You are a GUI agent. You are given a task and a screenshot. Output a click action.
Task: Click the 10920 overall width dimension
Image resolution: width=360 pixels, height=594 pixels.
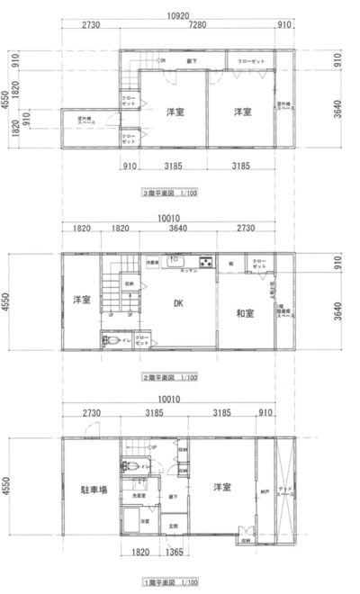(x=177, y=15)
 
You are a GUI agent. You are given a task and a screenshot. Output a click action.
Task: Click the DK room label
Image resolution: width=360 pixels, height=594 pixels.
(x=179, y=304)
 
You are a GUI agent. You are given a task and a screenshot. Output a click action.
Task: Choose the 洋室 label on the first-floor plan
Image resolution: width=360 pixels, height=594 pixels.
(x=223, y=487)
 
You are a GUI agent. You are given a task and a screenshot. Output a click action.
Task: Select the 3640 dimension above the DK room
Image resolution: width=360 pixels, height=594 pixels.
(x=178, y=229)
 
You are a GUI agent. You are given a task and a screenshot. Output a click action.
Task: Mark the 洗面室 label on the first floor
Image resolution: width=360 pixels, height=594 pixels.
(x=139, y=495)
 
